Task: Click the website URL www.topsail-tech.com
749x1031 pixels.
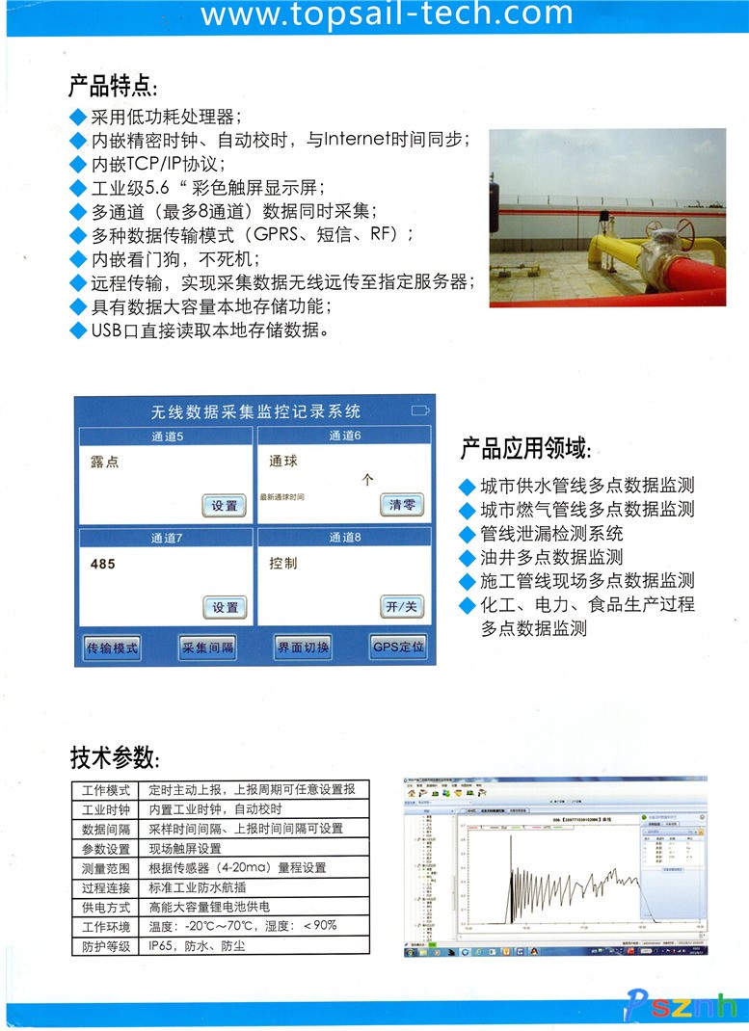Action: (387, 14)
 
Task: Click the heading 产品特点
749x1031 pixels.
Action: (113, 86)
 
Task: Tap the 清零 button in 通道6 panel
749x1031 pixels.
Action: (401, 505)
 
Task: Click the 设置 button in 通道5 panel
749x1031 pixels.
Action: (225, 506)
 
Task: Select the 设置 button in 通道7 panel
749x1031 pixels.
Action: (225, 607)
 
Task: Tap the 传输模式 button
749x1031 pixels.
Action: (112, 648)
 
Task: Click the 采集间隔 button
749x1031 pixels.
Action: (207, 648)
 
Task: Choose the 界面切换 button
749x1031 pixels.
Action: (303, 648)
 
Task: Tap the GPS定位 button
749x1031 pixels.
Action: (397, 648)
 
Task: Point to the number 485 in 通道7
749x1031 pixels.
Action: (102, 564)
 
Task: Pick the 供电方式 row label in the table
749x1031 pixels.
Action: (106, 907)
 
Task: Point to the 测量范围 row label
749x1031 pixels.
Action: (106, 867)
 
